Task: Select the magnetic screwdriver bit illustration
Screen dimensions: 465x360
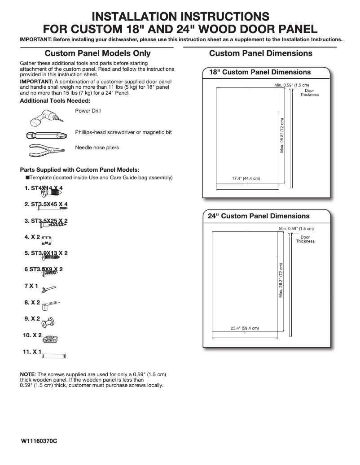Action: (43, 134)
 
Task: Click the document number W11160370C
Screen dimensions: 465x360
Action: (39, 441)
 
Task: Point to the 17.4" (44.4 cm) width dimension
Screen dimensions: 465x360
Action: (246, 178)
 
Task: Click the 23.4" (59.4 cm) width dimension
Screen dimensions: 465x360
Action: (245, 328)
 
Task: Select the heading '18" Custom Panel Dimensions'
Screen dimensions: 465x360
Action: (260, 72)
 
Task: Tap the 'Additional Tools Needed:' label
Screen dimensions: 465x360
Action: (55, 101)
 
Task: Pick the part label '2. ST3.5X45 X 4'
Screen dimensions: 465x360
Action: (46, 204)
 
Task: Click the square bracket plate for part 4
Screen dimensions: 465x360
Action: (47, 240)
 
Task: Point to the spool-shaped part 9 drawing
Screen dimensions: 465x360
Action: (48, 321)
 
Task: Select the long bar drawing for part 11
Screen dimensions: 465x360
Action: (55, 356)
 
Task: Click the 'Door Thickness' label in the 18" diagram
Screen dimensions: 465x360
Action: (309, 93)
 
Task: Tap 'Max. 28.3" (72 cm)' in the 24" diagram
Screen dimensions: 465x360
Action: (281, 281)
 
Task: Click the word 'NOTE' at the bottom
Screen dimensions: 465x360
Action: (28, 374)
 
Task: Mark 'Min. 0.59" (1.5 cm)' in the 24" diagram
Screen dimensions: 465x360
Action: (296, 229)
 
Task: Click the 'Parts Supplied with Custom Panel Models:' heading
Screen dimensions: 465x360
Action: (79, 170)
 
